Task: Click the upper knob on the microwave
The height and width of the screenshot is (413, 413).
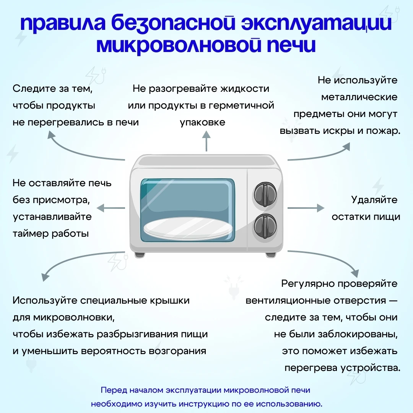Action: (x=265, y=195)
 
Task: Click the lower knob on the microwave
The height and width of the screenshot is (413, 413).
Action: (x=265, y=226)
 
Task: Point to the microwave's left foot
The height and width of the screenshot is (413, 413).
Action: (x=140, y=255)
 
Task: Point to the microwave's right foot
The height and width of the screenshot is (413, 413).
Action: (x=270, y=255)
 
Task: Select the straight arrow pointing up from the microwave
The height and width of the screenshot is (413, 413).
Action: (x=206, y=141)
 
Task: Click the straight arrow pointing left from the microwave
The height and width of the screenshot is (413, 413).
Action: (x=111, y=208)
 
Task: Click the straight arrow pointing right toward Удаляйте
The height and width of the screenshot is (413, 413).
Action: (x=306, y=208)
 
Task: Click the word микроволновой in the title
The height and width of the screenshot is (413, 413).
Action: (x=179, y=45)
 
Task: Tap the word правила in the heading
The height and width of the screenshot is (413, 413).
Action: (x=63, y=23)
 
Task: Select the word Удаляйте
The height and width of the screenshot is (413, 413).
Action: (x=374, y=200)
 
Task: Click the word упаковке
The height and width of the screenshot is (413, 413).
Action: (x=203, y=122)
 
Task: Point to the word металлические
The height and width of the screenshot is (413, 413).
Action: (x=359, y=97)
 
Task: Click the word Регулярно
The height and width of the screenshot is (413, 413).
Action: (x=308, y=284)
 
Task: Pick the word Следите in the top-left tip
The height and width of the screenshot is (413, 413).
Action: (x=34, y=88)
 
